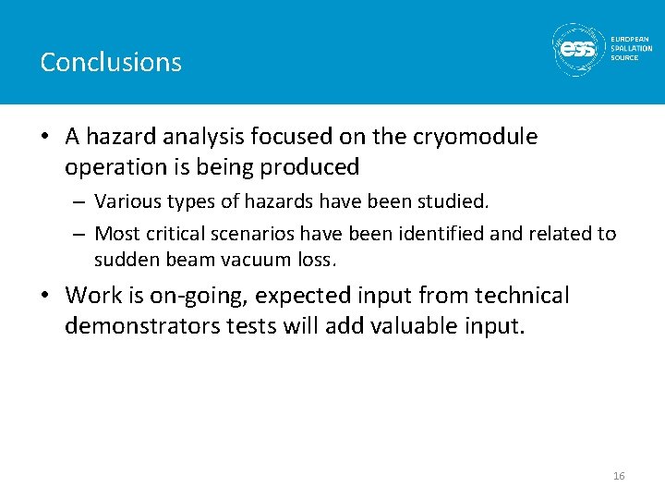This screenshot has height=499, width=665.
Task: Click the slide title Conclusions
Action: (111, 62)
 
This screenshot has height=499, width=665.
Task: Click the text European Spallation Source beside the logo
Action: (632, 49)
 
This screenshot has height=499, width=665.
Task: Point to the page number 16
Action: (619, 476)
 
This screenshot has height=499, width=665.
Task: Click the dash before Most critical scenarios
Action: (80, 234)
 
